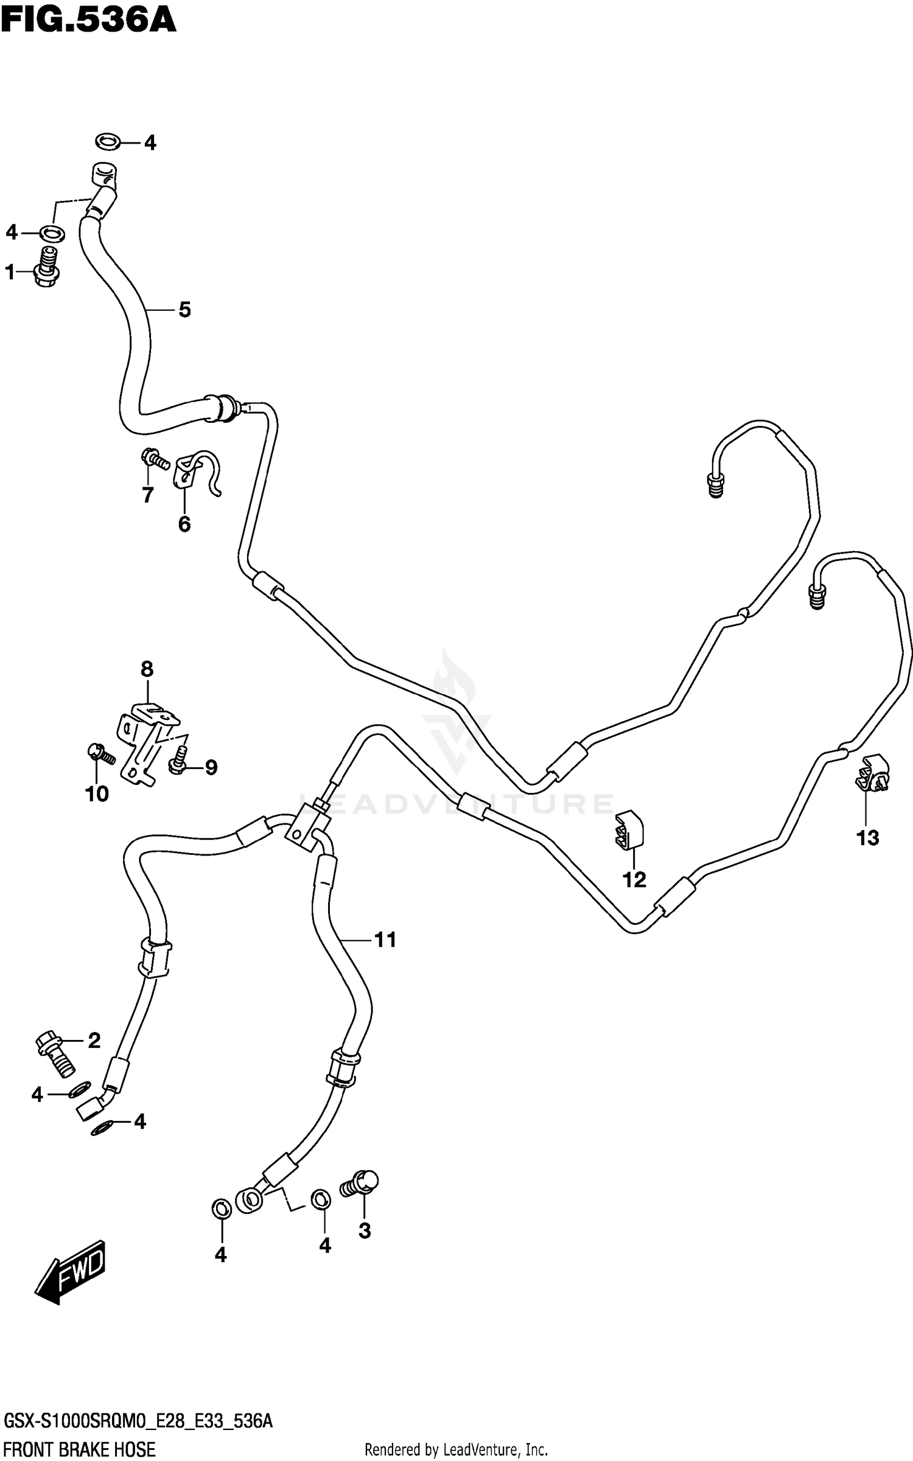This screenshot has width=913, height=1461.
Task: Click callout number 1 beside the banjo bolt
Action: (10, 272)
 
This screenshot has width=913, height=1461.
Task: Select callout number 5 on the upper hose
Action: (184, 310)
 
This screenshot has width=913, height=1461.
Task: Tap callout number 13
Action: (867, 838)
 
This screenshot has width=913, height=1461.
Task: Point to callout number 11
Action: (385, 940)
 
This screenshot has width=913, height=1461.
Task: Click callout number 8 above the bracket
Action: (147, 669)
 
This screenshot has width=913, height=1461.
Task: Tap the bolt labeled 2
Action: (55, 1053)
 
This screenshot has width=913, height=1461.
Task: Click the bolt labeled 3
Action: (360, 1183)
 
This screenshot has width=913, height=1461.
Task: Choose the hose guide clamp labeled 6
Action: (195, 472)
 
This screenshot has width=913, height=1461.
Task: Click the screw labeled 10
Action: (101, 755)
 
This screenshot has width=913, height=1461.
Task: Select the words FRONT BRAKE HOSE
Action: (79, 1450)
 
